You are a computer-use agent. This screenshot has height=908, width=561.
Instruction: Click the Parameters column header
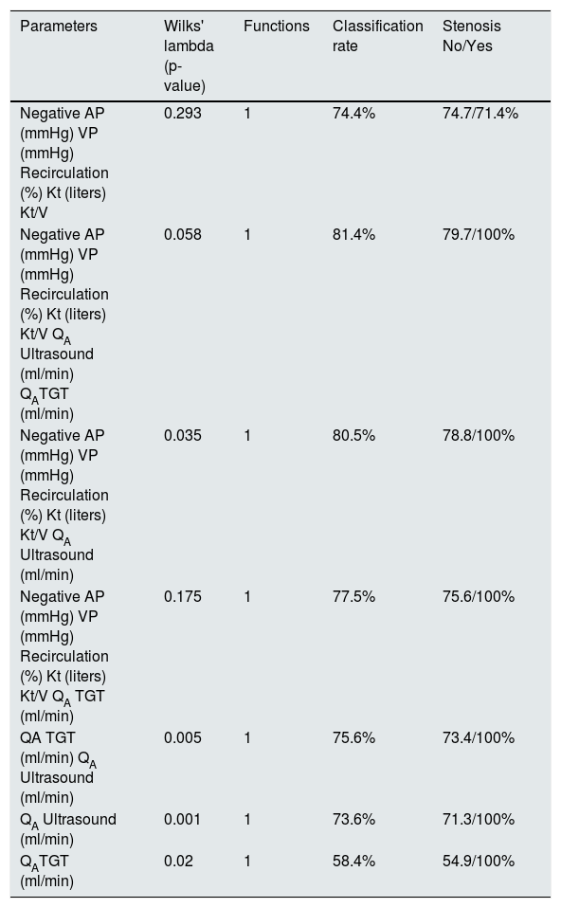point(59,26)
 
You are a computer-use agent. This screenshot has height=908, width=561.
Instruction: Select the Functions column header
point(276,26)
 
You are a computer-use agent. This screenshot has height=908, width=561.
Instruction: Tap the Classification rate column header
point(377,36)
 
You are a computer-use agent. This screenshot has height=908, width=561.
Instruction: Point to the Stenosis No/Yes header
point(472,36)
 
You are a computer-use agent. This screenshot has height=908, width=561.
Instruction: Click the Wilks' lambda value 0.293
point(182,113)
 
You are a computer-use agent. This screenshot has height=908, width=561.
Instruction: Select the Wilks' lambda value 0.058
point(182,234)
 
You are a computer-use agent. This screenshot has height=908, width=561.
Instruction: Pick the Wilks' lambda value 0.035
point(182,435)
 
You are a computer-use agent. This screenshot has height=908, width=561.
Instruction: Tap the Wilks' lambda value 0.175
point(182,596)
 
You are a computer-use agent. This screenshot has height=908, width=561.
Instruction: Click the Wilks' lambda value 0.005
point(182,737)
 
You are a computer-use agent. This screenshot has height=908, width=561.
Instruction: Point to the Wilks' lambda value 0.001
point(182,819)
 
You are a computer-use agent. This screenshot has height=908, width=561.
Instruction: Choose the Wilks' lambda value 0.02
point(178,861)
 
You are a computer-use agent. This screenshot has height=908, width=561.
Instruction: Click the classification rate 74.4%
point(353,113)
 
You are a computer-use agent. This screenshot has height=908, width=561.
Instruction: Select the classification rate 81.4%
point(353,234)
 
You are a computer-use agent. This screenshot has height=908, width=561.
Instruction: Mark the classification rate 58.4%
point(353,861)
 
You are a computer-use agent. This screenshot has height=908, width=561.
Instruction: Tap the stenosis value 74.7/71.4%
point(480,113)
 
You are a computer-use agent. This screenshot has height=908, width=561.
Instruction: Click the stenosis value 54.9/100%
point(479,861)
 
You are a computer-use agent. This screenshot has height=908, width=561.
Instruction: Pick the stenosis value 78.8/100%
point(479,435)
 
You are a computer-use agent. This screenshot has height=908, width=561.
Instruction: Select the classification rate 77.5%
point(353,596)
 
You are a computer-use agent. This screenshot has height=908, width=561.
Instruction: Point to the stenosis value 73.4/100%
point(479,737)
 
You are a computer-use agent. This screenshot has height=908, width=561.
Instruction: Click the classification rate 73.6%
point(353,819)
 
